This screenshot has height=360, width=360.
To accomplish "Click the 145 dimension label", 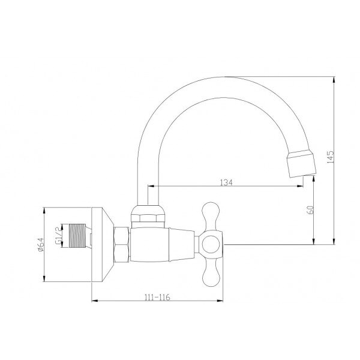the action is tap(330, 157).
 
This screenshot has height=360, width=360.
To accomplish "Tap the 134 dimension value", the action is tap(226, 183).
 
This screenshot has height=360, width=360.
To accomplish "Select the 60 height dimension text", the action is tap(310, 210).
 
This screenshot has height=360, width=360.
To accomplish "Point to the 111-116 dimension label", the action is tap(157, 298).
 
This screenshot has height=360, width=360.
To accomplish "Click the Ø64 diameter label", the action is tap(40, 245).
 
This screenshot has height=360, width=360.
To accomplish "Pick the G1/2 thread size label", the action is tap(59, 235).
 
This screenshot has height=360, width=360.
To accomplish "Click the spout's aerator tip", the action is tap(301, 163).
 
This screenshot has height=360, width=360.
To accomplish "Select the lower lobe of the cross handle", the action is tap(211, 273).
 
